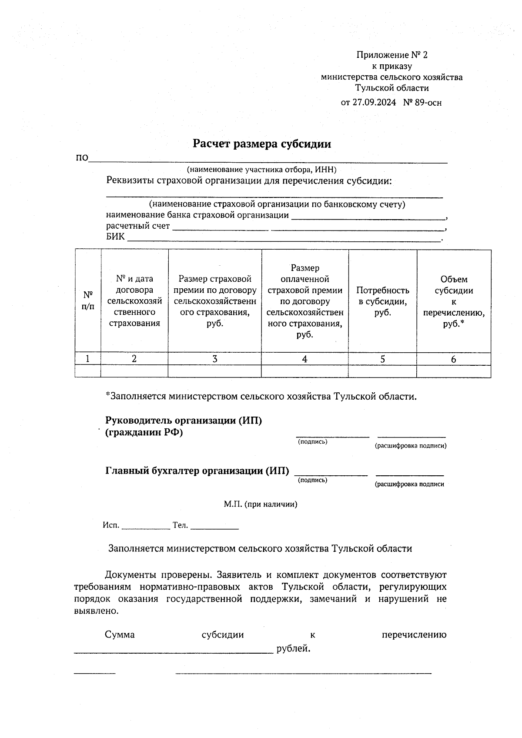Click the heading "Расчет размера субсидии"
pos(261,144)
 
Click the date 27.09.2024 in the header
pos(374,103)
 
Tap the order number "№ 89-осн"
pos(422,103)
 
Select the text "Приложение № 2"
pos(392,55)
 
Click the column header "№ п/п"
pos(88,301)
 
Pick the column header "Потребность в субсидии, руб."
pos(382,301)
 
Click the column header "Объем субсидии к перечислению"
pos(454,301)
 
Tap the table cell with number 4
pos(304,359)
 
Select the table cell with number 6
pos(454,359)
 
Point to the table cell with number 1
pos(88,359)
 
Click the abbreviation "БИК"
pos(115,237)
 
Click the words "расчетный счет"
pos(138,226)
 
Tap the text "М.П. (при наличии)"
pos(261,504)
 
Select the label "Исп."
pos(111,525)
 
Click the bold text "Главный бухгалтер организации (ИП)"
pos(197,471)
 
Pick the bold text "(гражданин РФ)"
pos(144,432)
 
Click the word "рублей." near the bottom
pos(294,649)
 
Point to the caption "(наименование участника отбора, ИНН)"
pos(261,170)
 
